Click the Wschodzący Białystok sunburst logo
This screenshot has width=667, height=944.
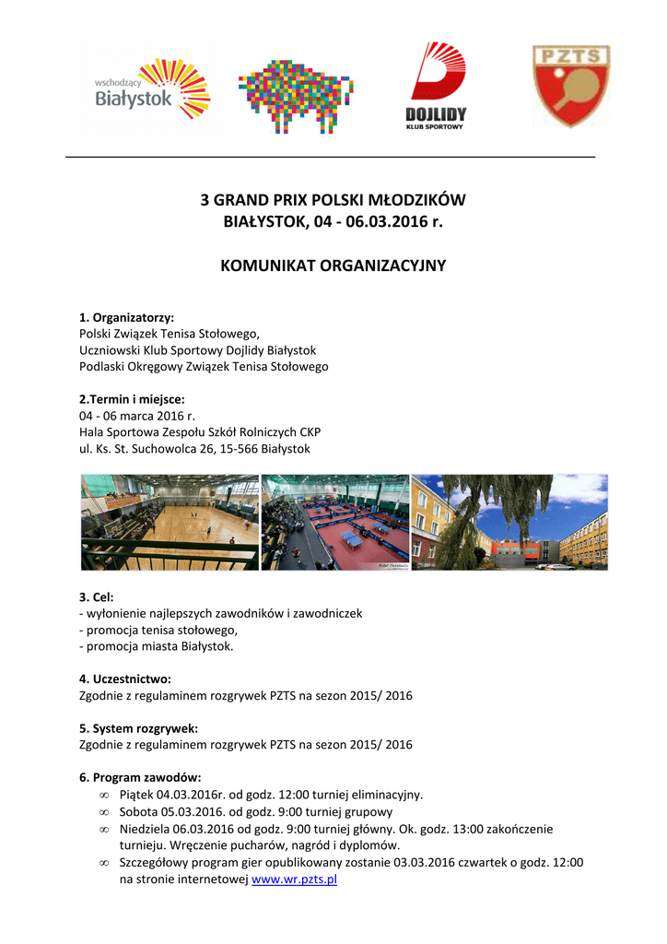[x=153, y=89]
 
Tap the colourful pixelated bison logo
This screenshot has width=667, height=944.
[x=295, y=93]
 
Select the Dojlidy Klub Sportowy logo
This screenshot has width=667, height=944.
[x=436, y=88]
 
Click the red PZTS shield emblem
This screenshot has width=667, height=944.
[x=571, y=86]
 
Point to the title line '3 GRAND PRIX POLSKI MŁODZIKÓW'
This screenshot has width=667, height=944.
[x=333, y=200]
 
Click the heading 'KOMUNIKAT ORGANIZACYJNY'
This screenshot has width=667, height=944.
[x=333, y=265]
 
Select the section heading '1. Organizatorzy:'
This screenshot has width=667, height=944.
[x=127, y=317]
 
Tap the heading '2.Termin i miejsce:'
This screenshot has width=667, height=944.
[x=132, y=399]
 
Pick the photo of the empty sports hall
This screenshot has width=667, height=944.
[x=170, y=522]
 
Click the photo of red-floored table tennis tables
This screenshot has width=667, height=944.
[x=335, y=522]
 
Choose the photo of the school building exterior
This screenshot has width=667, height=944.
[x=509, y=522]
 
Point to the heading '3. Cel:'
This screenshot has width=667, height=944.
[x=97, y=597]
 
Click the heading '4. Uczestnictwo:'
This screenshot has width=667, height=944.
[x=125, y=679]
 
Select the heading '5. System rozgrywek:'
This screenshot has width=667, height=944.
[x=138, y=728]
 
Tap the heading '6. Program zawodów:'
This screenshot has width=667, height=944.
[x=140, y=777]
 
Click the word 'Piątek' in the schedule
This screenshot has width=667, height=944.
[x=136, y=795]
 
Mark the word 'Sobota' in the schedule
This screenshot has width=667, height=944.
[x=137, y=812]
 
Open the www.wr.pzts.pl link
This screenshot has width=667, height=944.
[x=295, y=879]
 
